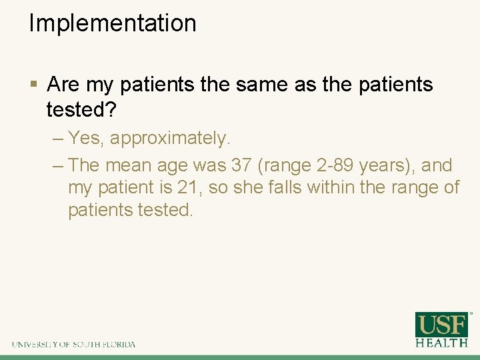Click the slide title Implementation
[x=113, y=23]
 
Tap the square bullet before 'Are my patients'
[x=33, y=85]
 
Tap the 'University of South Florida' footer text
[x=73, y=345]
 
